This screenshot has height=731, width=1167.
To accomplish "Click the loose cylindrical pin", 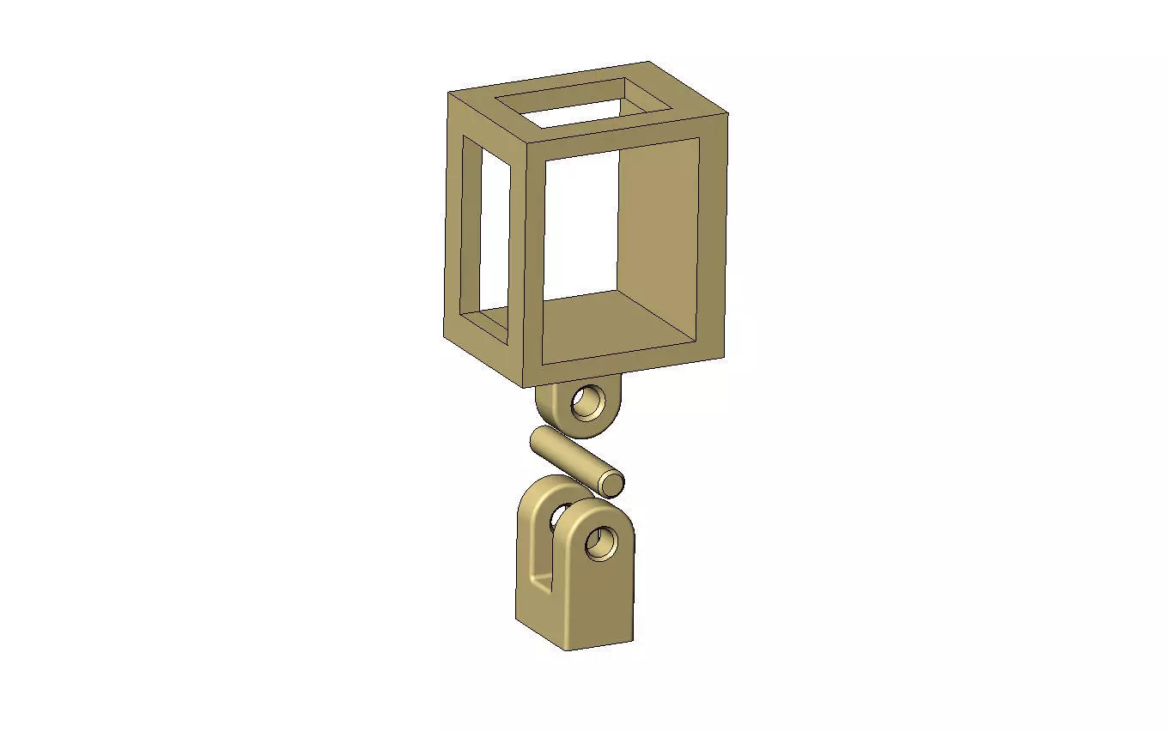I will (x=567, y=458).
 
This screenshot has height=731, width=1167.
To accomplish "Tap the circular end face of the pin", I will (x=611, y=483).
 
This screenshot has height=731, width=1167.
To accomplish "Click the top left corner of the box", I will (x=449, y=93).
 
